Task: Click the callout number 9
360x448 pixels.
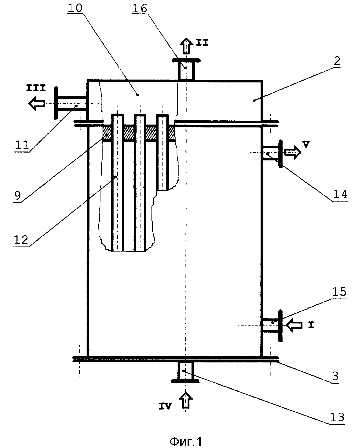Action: pos(18,195)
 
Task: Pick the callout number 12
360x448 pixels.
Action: pos(21,240)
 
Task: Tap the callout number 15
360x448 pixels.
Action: pos(339,292)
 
